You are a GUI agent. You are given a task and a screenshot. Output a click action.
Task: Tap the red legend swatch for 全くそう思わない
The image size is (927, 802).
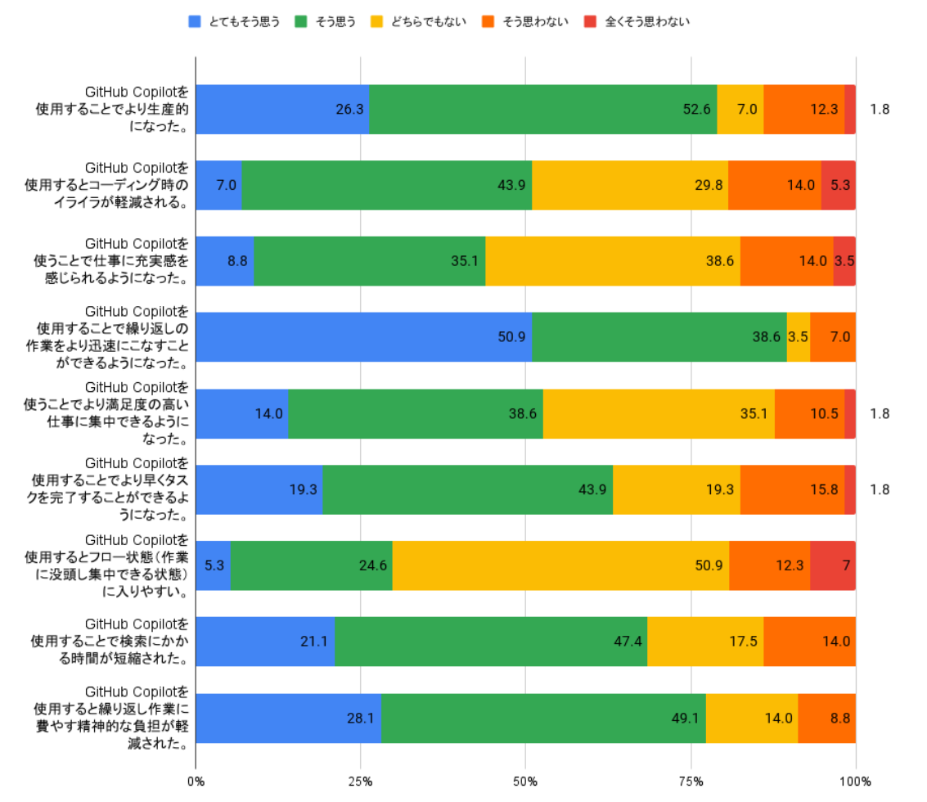coord(591,22)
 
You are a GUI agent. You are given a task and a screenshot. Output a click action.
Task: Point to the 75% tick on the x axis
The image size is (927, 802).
coord(691,781)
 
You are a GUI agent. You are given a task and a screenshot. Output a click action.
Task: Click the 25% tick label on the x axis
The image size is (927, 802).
coord(361,781)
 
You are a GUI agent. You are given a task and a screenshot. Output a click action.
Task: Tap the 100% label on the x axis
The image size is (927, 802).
coord(856,781)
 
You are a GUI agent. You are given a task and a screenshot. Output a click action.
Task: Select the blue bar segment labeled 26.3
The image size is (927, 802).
coord(282,109)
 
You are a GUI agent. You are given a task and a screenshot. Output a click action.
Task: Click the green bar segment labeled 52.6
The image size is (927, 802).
coord(543,109)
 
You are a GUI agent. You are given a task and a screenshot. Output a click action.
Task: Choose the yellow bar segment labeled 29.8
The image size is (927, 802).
coord(630,185)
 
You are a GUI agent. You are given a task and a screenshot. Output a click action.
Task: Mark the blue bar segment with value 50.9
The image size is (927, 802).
coord(364,336)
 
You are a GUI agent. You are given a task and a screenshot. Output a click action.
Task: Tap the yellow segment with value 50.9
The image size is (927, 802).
coord(560,565)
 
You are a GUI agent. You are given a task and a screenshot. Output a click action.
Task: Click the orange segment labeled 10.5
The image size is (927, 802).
coord(809,412)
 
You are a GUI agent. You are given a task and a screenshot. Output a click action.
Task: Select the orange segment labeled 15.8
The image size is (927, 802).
coord(792,489)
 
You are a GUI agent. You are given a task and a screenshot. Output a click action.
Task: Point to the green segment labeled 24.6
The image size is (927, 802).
coord(311,565)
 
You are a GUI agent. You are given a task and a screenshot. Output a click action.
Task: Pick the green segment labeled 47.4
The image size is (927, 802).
coord(491,641)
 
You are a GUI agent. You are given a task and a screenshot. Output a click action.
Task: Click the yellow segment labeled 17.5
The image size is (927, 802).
coord(705,641)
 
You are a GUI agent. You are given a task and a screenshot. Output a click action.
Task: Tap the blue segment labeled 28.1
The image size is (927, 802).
coord(288,718)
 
